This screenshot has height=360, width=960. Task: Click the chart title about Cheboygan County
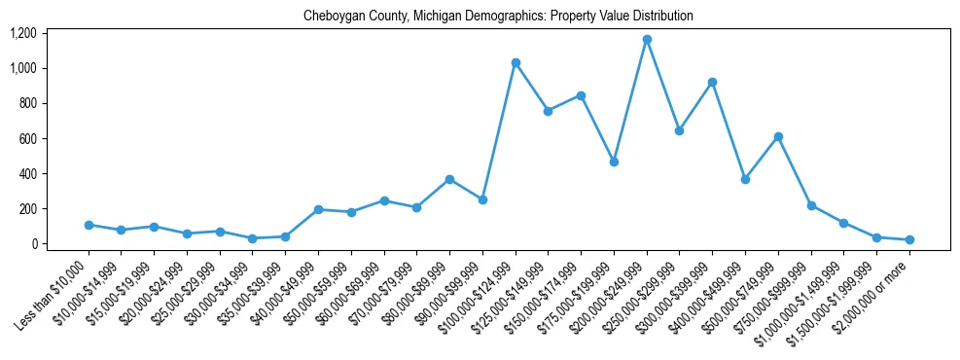point(498,16)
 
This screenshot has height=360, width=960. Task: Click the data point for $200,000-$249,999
point(647,40)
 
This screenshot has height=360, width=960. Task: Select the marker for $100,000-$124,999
point(516,63)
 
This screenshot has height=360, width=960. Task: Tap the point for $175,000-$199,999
point(614,162)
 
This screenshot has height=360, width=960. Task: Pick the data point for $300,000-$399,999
point(712,83)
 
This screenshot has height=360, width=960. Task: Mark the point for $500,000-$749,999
point(778,136)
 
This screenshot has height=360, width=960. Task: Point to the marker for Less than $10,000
point(89,225)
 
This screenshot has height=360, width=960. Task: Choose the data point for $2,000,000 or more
point(909,239)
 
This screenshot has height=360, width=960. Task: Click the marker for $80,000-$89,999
point(449,179)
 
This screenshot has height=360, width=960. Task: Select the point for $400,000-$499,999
point(745,179)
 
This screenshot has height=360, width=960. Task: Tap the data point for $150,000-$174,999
point(581,95)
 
